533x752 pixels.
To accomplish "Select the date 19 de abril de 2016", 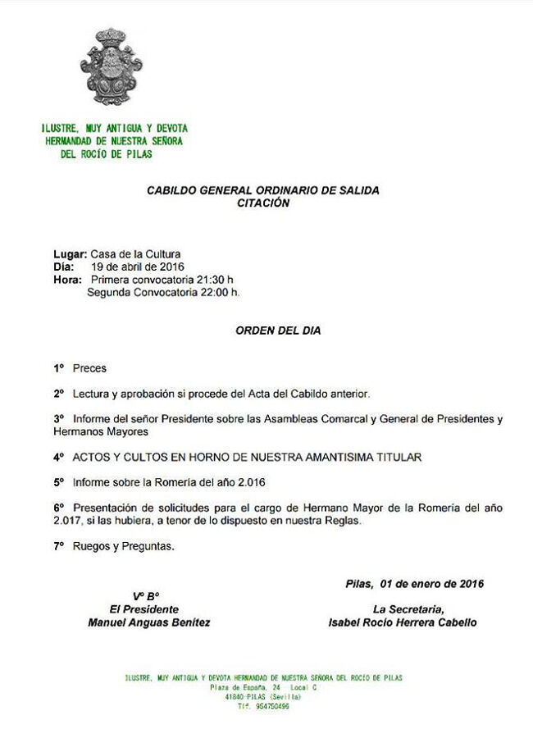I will coord(138,267).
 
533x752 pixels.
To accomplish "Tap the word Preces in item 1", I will coord(89,368).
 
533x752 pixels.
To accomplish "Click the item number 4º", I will coord(58,456).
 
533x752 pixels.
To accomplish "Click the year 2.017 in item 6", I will coord(67,521).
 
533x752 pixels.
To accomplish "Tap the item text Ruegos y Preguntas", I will coord(123,545).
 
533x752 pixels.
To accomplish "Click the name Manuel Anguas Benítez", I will coord(148,622).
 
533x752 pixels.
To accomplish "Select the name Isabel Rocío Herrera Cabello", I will coord(402,622).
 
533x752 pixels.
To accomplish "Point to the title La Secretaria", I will coord(408,609).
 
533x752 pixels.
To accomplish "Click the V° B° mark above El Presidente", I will coord(146,596).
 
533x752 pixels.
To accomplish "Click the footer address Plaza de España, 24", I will coord(245,687).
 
